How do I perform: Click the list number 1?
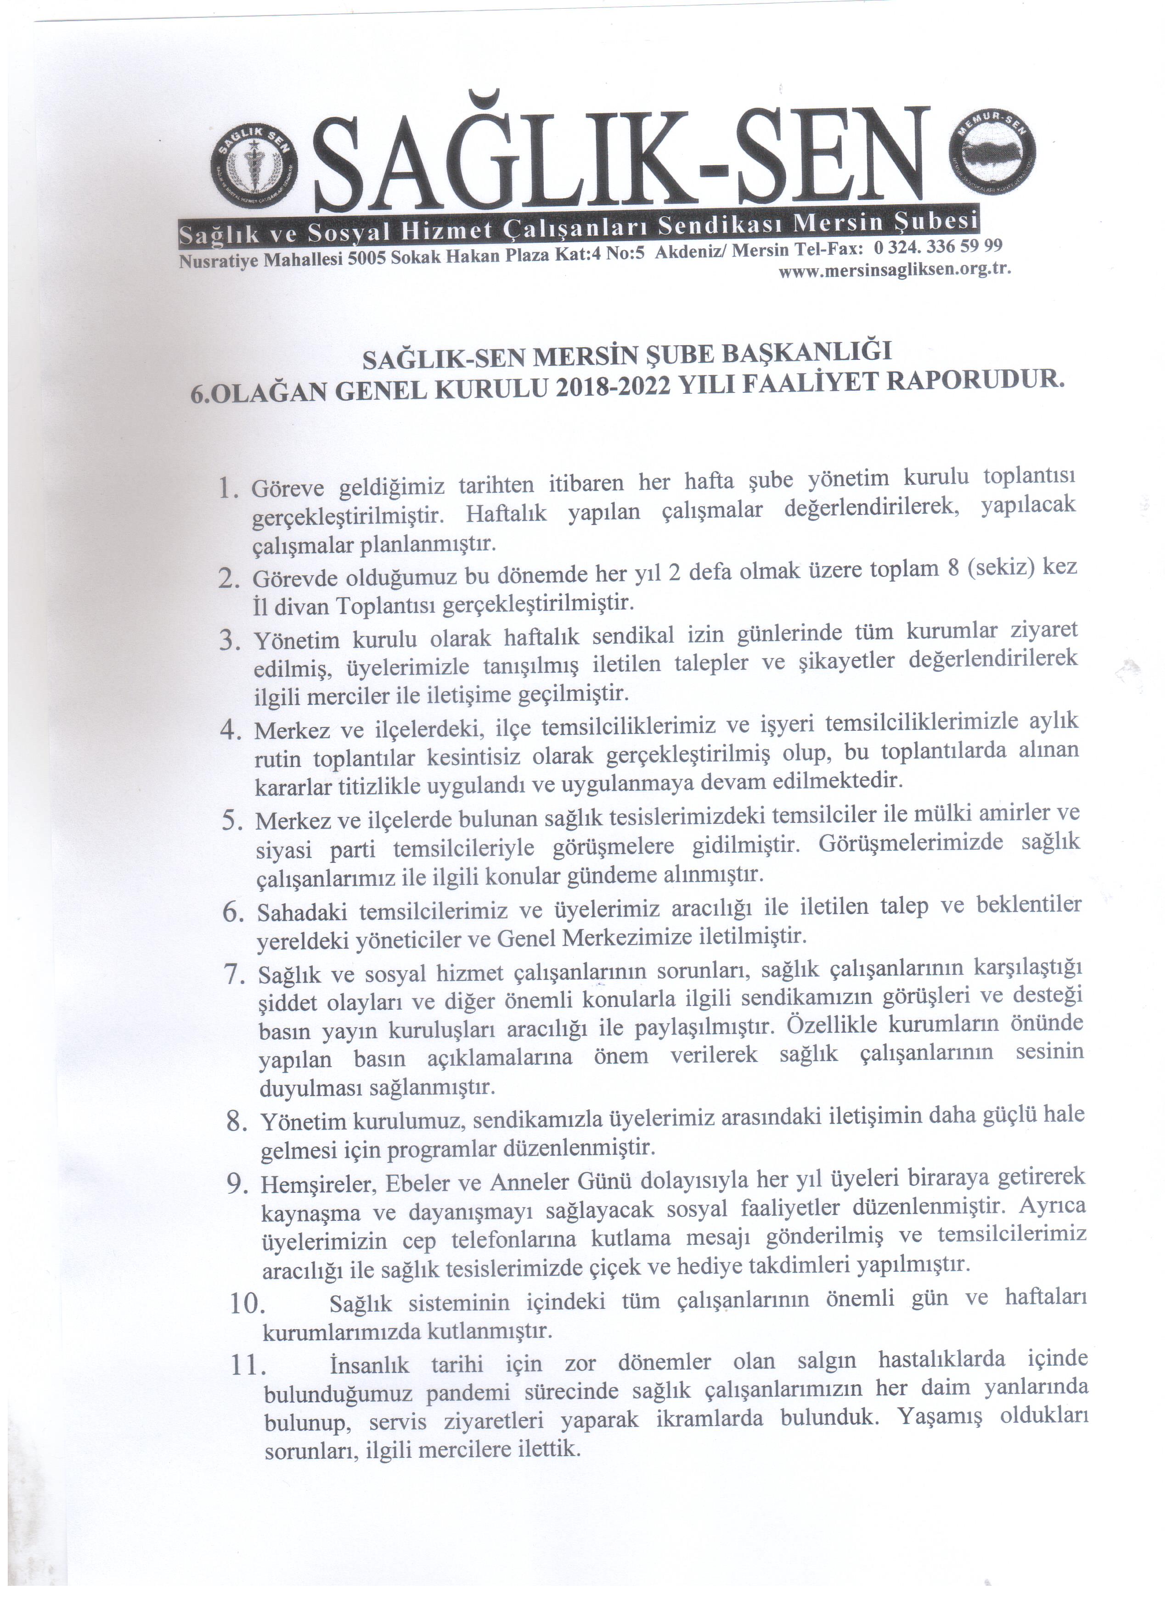227,489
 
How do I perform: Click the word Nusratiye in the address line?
220,262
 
